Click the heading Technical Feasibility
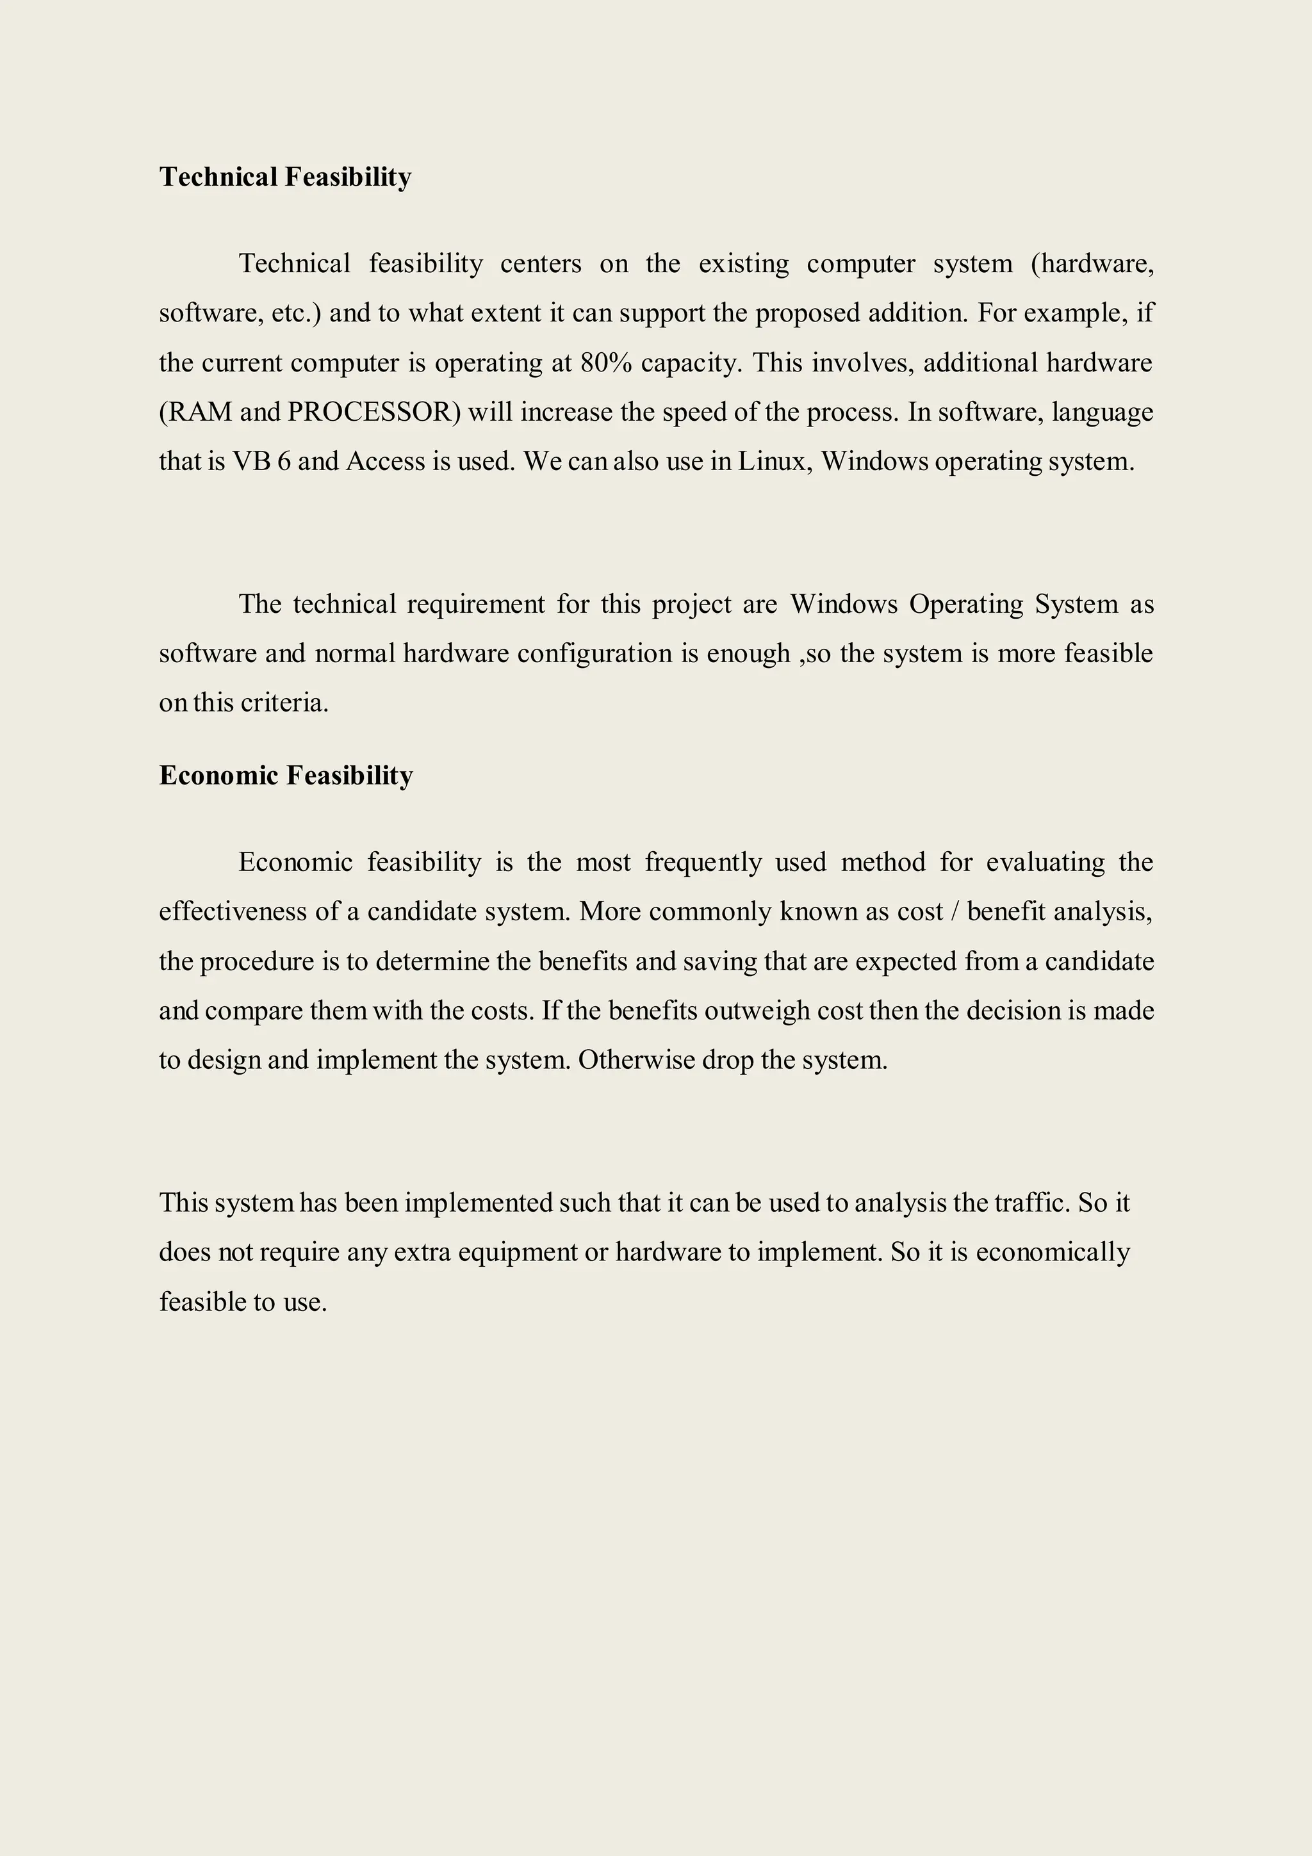click(285, 177)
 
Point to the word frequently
click(703, 863)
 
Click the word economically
click(1053, 1252)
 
